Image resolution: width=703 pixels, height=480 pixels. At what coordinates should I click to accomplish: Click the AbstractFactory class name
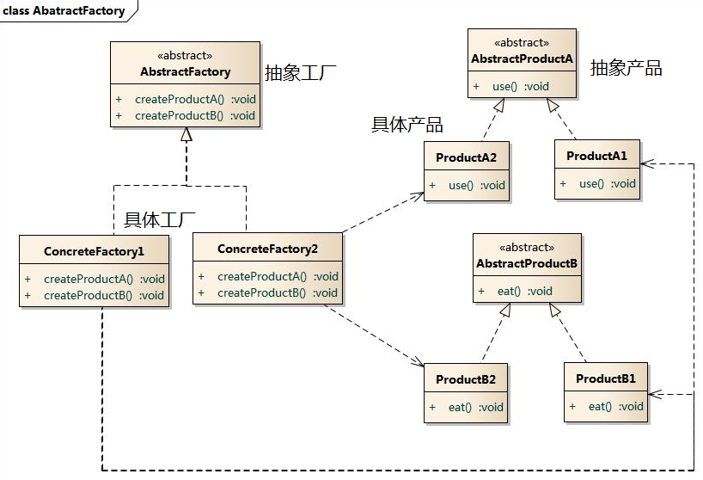(x=185, y=71)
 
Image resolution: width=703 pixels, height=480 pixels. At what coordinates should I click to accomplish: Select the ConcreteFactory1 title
(x=95, y=251)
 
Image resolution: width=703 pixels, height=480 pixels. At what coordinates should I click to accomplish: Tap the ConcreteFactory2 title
(x=267, y=249)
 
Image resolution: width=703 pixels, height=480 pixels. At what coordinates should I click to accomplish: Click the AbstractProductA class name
(x=523, y=58)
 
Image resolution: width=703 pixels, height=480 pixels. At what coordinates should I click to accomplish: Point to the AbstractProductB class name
(x=527, y=263)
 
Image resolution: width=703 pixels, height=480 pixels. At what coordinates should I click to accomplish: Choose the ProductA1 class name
(x=596, y=156)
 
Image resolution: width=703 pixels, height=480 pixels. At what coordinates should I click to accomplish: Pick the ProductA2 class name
(x=467, y=157)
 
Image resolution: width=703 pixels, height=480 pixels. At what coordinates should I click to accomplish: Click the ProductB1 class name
(x=606, y=378)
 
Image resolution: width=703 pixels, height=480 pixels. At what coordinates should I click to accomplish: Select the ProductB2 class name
(x=466, y=379)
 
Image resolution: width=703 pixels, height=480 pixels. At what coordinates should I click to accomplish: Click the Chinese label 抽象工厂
(x=301, y=72)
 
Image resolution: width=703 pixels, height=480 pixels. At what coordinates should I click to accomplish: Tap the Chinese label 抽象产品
(x=627, y=68)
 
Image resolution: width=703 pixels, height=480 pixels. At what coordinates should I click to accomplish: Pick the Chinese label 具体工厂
(x=160, y=220)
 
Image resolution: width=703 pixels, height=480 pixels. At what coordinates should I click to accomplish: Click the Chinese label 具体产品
(x=407, y=125)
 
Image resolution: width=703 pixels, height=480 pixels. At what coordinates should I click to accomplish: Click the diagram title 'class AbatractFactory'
(x=64, y=11)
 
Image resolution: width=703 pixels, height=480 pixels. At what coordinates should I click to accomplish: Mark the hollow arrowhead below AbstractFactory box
(x=186, y=134)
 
